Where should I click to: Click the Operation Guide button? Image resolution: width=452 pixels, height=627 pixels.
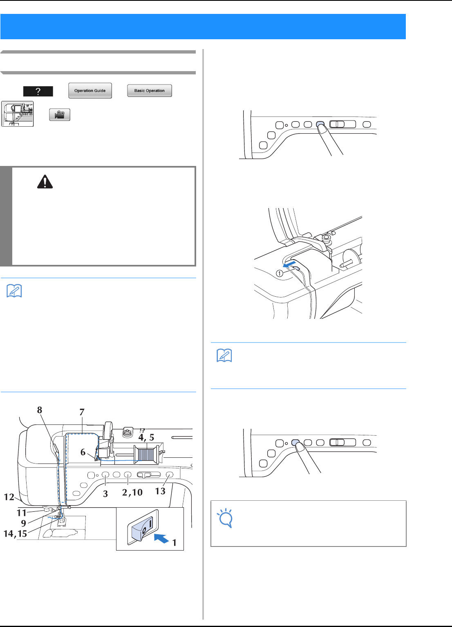coord(90,91)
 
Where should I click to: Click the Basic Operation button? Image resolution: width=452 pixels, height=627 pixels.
coord(150,91)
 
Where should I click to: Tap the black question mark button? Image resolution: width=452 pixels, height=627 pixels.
coord(38,91)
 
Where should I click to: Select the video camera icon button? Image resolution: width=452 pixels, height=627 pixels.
coord(60,115)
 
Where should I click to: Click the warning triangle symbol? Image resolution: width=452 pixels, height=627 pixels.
coord(45,182)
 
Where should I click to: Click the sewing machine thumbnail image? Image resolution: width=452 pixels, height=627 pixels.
coord(17,114)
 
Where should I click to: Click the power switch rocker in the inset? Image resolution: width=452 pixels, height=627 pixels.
coord(143,527)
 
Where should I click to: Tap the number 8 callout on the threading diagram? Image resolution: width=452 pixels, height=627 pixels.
coord(40,410)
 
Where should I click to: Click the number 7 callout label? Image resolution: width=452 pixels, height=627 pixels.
coord(82,412)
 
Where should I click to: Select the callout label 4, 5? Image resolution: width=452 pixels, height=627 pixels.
coord(146,437)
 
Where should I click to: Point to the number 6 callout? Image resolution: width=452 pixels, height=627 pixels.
coord(83,452)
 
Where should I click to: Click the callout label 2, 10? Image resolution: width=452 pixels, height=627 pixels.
coord(132,492)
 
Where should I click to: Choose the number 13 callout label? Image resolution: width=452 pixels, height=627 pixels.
coord(160,491)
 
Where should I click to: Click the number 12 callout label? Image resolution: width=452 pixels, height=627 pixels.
coord(9,497)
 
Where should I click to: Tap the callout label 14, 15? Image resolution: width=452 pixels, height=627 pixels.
coord(15,533)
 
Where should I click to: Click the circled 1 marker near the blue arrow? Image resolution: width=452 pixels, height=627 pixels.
coord(279,274)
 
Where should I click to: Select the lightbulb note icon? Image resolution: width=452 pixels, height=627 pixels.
coord(226,518)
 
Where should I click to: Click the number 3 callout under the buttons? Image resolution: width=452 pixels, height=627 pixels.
coord(105,493)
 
